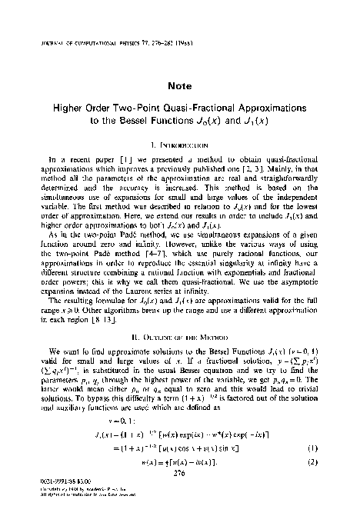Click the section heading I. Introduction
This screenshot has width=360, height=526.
coord(179,144)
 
